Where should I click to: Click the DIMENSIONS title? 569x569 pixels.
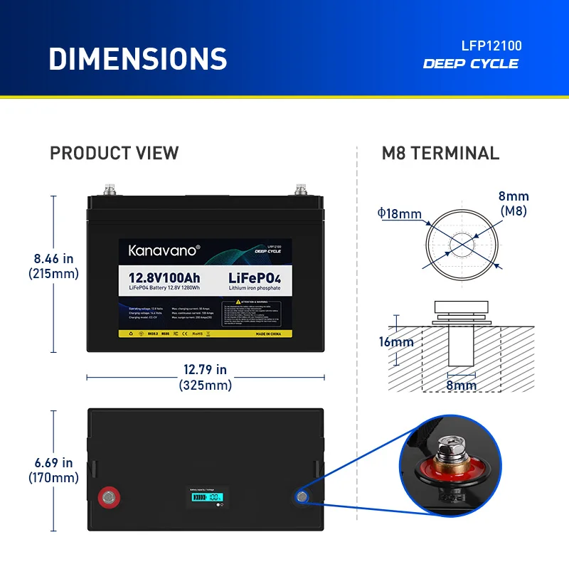pyautogui.click(x=137, y=58)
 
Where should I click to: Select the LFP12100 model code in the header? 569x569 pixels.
pyautogui.click(x=491, y=46)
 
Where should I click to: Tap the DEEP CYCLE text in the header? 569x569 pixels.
pyautogui.click(x=471, y=64)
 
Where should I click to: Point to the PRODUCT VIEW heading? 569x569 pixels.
pyautogui.click(x=115, y=153)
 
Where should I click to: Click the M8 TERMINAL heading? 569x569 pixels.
pyautogui.click(x=441, y=153)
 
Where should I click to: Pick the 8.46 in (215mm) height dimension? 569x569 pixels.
pyautogui.click(x=53, y=266)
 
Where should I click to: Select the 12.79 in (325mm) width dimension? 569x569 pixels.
pyautogui.click(x=205, y=378)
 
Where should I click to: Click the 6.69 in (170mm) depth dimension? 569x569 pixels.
pyautogui.click(x=53, y=471)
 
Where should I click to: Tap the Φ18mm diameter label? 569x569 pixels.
pyautogui.click(x=400, y=213)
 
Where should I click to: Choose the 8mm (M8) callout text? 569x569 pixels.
pyautogui.click(x=514, y=203)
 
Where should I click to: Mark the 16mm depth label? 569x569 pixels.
pyautogui.click(x=396, y=342)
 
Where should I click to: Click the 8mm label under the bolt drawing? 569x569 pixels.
pyautogui.click(x=461, y=385)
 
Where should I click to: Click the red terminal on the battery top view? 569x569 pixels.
pyautogui.click(x=109, y=496)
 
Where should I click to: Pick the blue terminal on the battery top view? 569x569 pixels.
pyautogui.click(x=302, y=496)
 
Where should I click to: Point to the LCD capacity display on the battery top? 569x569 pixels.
pyautogui.click(x=206, y=497)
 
